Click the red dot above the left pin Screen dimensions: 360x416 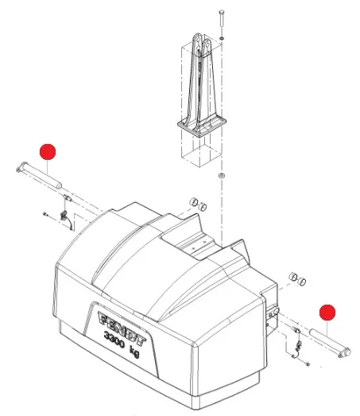pos(48,152)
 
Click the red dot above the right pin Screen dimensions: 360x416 pos(327,313)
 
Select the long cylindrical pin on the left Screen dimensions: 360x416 pos(39,176)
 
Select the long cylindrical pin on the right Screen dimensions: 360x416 pos(330,343)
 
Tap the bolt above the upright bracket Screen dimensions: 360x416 pos(222,18)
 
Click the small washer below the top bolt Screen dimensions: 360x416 pos(222,39)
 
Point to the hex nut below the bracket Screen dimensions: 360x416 pos(222,175)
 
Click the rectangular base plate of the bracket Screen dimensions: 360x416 pos(202,126)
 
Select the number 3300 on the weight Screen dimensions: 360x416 pos(114,340)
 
